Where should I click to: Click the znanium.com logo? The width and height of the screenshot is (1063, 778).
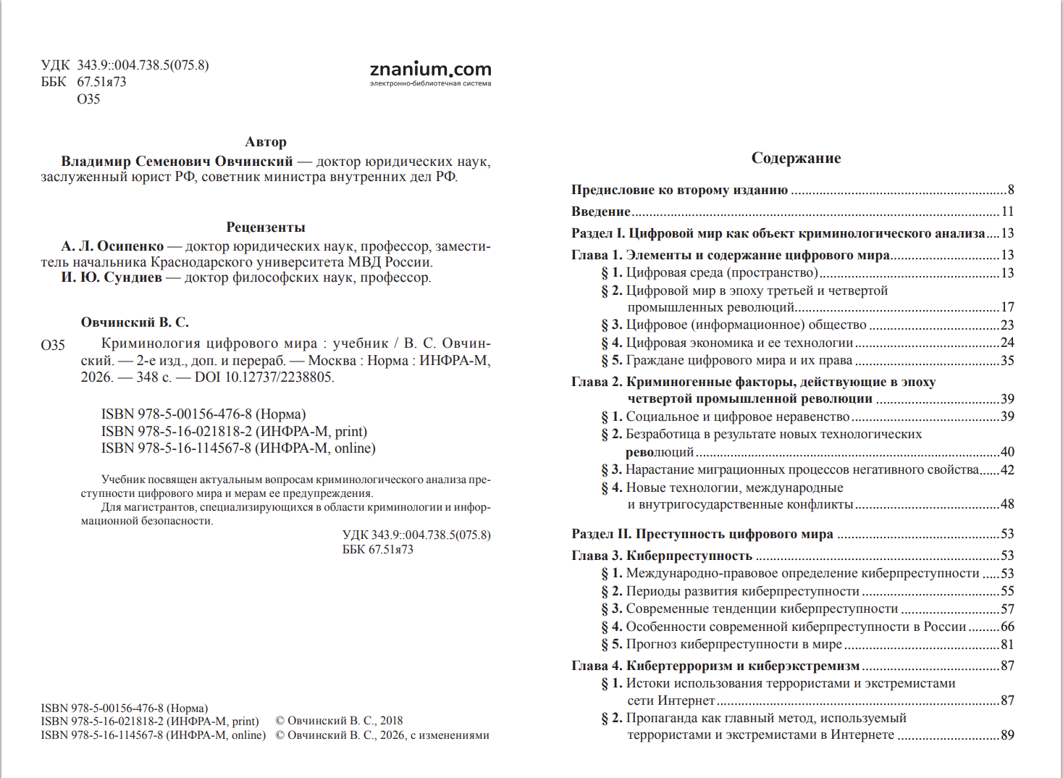pyautogui.click(x=430, y=71)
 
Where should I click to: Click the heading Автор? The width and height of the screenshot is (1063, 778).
pyautogui.click(x=266, y=142)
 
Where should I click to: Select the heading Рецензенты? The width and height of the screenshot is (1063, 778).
pyautogui.click(x=266, y=227)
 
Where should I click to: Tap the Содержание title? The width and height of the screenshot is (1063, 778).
pyautogui.click(x=796, y=158)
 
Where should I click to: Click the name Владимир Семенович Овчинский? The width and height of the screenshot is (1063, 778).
pyautogui.click(x=177, y=162)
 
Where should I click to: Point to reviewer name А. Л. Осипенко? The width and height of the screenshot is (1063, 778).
pyautogui.click(x=112, y=246)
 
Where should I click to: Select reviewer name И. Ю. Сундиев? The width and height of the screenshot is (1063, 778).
pyautogui.click(x=112, y=277)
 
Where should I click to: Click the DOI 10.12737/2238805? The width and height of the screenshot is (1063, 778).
pyautogui.click(x=264, y=377)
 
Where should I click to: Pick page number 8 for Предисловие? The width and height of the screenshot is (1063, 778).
pyautogui.click(x=1010, y=190)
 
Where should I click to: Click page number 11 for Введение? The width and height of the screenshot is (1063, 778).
pyautogui.click(x=1007, y=212)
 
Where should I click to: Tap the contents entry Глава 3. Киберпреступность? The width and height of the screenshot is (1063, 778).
pyautogui.click(x=662, y=556)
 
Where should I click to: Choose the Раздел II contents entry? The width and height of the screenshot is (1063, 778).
pyautogui.click(x=702, y=534)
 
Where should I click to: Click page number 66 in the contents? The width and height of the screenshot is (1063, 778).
pyautogui.click(x=1007, y=627)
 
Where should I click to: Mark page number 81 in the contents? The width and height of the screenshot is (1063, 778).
pyautogui.click(x=1007, y=645)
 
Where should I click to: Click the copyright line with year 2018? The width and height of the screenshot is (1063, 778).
pyautogui.click(x=339, y=721)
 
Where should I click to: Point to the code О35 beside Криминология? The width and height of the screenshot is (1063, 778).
pyautogui.click(x=53, y=345)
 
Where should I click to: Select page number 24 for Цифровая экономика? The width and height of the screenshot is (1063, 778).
pyautogui.click(x=1007, y=343)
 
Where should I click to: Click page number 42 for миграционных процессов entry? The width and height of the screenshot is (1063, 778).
pyautogui.click(x=1007, y=470)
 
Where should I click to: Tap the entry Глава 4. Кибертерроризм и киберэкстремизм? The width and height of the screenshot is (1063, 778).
pyautogui.click(x=715, y=666)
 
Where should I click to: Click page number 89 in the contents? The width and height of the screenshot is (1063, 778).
pyautogui.click(x=1007, y=735)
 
